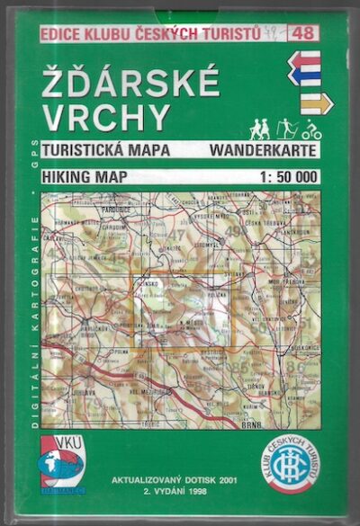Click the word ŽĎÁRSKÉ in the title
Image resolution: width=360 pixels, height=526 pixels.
click(x=130, y=83)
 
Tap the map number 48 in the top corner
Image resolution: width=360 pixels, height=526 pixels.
click(x=307, y=34)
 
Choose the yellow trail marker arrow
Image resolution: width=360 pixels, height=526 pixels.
click(x=316, y=103)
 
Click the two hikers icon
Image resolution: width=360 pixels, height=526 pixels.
click(x=258, y=129)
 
